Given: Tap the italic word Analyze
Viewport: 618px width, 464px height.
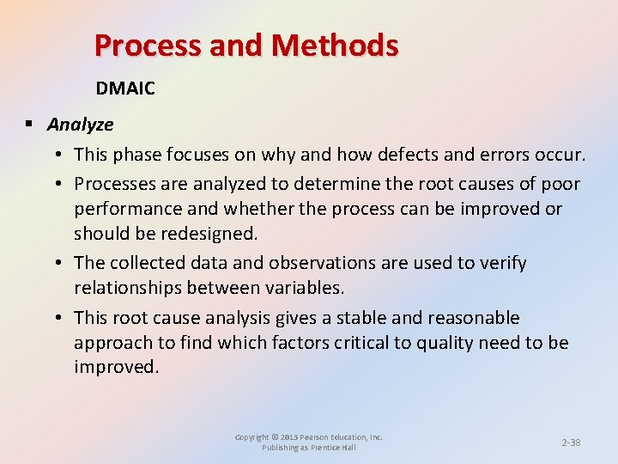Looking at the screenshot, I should (81, 125).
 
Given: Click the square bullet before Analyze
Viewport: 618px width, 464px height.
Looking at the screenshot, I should (28, 125).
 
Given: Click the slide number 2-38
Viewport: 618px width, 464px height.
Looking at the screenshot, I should (571, 443).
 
